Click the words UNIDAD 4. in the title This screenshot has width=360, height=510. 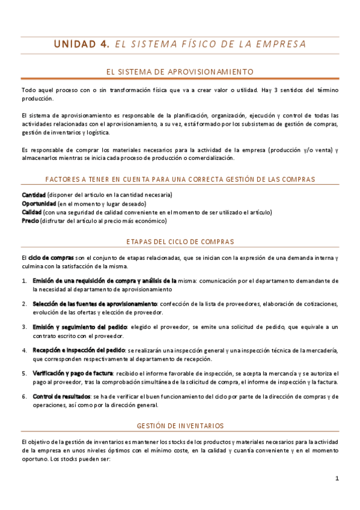tap(82, 44)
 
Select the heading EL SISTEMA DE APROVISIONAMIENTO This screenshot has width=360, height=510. tap(180, 72)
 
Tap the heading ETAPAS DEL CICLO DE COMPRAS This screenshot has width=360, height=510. tap(180, 241)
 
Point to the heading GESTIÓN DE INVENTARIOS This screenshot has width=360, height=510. tap(180, 426)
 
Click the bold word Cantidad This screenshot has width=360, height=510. tap(34, 195)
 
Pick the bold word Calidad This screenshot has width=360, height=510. tap(32, 212)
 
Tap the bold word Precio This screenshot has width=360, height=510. tap(30, 221)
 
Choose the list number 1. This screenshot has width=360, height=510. tap(24, 281)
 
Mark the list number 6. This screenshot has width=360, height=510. tap(24, 396)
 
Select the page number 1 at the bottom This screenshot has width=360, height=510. tap(337, 479)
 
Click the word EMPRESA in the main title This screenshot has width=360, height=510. tap(281, 44)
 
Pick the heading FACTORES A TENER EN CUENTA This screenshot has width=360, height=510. tap(180, 179)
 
